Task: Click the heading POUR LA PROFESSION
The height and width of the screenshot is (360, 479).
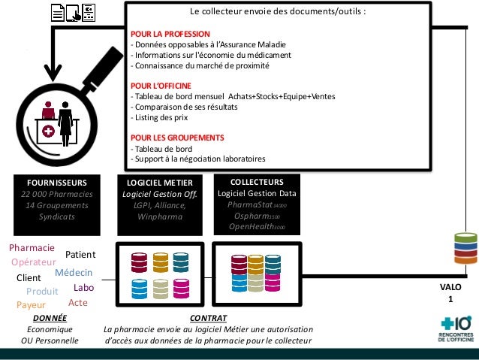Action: tap(170, 33)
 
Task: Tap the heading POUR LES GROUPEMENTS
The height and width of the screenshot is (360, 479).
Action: tap(177, 138)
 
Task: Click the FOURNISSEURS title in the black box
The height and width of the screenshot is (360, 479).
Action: tap(57, 182)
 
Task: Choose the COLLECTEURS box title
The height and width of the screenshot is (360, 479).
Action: tap(257, 182)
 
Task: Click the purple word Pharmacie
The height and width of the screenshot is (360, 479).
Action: tap(32, 248)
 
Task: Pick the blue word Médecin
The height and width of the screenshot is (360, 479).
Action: tap(74, 272)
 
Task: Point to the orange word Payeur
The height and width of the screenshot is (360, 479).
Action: tap(32, 305)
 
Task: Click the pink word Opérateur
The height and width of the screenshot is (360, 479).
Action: tap(34, 262)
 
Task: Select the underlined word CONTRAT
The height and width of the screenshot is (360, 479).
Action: tap(209, 319)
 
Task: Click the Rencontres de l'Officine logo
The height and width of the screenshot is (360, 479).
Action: tap(453, 329)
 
